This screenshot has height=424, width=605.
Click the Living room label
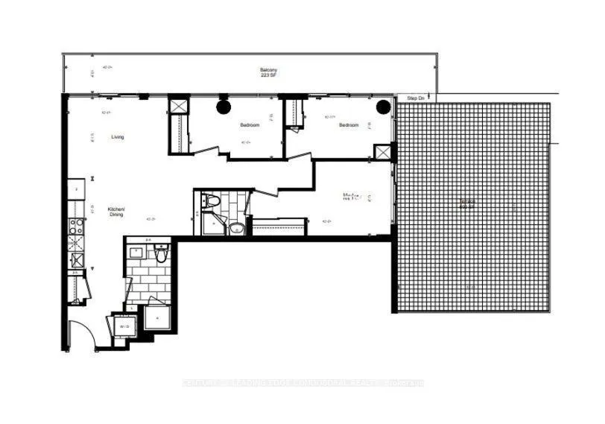[118, 137]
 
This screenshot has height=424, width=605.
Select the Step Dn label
[415, 98]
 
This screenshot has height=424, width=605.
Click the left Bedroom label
[250, 125]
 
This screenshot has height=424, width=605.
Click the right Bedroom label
[349, 125]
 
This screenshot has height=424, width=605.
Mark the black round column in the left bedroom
[224, 107]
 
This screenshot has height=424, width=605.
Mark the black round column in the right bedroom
[383, 106]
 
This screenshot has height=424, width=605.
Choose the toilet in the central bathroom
[212, 200]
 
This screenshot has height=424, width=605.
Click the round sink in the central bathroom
[236, 228]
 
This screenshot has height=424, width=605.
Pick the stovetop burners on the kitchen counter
[75, 224]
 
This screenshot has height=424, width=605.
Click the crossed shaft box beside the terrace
[382, 152]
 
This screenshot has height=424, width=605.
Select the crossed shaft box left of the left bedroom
[179, 105]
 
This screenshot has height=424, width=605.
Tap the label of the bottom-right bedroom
[348, 197]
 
